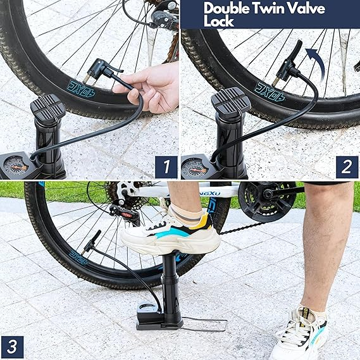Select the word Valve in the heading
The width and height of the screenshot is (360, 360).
(306, 9)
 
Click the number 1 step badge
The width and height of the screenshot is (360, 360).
(166, 167)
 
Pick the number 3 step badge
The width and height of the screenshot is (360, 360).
(12, 347)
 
